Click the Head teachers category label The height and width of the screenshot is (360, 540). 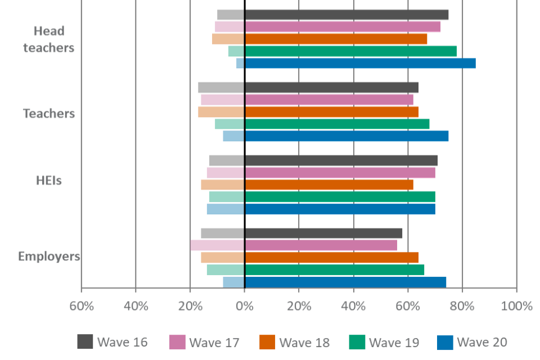(49, 39)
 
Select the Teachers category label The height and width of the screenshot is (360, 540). (49, 114)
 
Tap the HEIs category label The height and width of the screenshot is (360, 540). (49, 181)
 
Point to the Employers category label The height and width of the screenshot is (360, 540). (49, 257)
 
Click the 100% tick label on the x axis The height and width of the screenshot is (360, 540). (516, 307)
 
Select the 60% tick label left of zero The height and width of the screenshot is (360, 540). (81, 307)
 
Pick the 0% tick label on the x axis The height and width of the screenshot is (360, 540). (244, 307)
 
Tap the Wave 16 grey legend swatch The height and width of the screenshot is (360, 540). (85, 342)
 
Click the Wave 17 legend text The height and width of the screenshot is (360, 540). (214, 343)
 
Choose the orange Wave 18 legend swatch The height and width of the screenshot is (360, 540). (267, 342)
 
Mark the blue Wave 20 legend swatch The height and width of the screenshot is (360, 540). (445, 342)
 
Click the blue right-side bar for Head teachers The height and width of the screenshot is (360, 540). (360, 64)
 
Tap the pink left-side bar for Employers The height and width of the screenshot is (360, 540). (217, 245)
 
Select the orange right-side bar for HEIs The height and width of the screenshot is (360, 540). (329, 185)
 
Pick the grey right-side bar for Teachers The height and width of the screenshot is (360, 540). (332, 87)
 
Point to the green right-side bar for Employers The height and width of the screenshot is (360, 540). (335, 270)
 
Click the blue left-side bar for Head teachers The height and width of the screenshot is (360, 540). (240, 64)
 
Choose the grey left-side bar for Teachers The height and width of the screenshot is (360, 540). (221, 87)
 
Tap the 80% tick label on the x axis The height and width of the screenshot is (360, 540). (462, 307)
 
